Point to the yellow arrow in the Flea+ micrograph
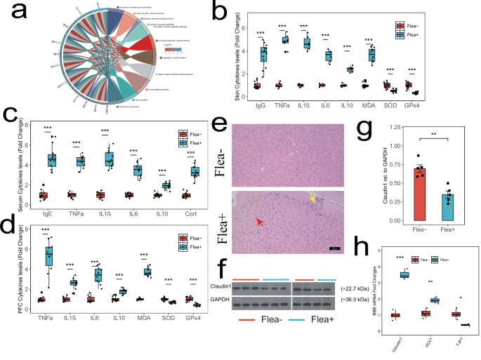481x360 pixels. (x=312, y=200)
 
